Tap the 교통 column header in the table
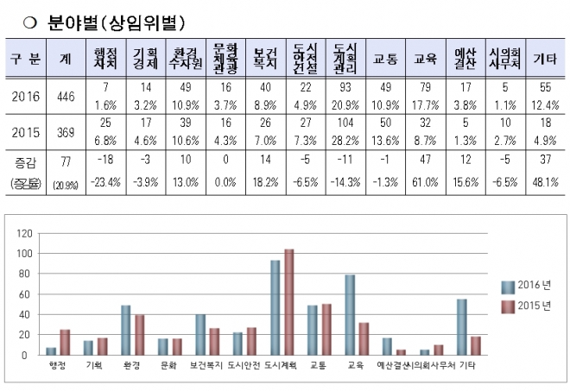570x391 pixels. tap(384, 59)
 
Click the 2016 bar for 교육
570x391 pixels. tap(351, 314)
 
